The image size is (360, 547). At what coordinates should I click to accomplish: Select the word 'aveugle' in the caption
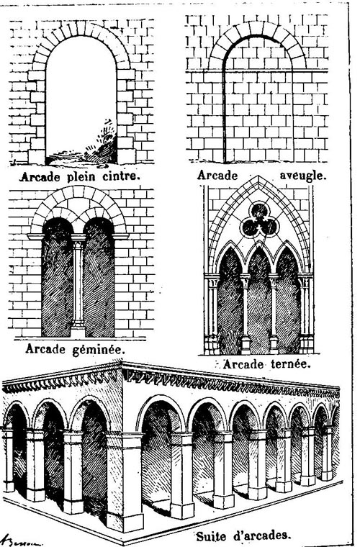pos(303,176)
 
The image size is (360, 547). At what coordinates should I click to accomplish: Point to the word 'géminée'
pos(99,350)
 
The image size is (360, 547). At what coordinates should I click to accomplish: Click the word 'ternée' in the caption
pos(290,364)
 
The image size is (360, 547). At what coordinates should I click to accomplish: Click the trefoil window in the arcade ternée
pos(259,220)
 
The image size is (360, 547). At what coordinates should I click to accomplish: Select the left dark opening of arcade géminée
pos(57,277)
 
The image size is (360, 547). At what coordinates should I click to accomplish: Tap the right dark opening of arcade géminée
pos(99,277)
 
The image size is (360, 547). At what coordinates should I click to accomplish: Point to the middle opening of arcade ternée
pos(259,300)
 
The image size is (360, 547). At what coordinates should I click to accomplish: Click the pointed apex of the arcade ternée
pos(258,176)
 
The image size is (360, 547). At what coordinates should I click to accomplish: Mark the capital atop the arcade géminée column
pos(78,239)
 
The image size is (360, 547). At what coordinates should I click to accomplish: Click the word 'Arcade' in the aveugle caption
pos(217,175)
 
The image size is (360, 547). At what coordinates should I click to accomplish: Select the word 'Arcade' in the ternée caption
pos(243,364)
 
